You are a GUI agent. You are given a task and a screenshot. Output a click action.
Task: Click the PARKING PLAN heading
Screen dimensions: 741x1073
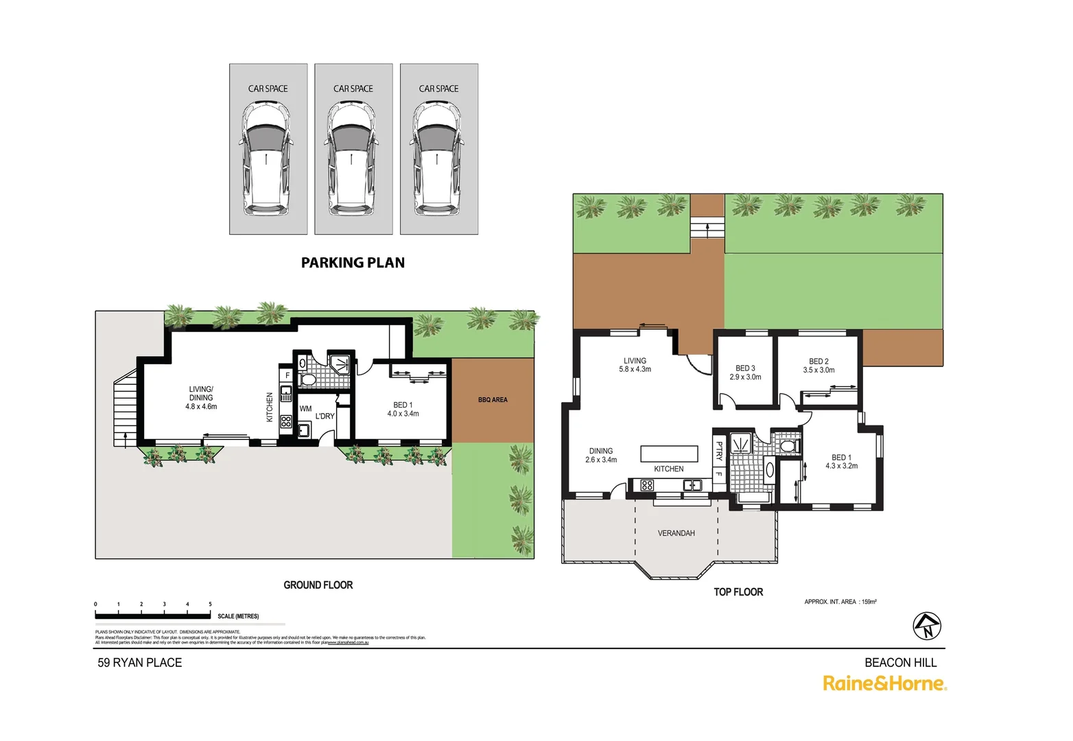[x=353, y=263]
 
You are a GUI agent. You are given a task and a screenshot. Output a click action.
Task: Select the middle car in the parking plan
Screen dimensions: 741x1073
[x=353, y=158]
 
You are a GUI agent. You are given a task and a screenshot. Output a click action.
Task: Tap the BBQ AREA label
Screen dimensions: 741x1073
[x=493, y=399]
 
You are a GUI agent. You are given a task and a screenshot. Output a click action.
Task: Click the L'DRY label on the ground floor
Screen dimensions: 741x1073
[x=325, y=416]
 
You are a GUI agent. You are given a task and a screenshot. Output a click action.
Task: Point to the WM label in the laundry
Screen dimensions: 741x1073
[x=305, y=408]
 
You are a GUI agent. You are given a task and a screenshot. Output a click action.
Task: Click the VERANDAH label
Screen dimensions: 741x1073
[x=676, y=533]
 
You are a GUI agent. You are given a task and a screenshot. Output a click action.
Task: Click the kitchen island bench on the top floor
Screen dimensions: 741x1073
[x=669, y=454]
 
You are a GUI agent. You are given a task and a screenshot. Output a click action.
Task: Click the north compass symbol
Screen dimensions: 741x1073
[x=927, y=626]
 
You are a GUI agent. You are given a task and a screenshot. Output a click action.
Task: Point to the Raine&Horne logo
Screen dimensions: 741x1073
[x=884, y=683]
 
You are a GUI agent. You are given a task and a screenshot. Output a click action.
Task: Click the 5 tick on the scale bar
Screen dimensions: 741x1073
[x=210, y=604]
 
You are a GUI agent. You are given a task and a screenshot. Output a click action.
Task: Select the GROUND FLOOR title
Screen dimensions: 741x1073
[x=318, y=585]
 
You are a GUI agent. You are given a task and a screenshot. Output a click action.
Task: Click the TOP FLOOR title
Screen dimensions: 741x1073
[x=738, y=592]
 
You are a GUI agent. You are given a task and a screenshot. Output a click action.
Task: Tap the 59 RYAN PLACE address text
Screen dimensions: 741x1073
[x=140, y=663]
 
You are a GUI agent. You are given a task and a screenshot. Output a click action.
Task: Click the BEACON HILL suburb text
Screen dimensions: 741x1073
[x=900, y=663]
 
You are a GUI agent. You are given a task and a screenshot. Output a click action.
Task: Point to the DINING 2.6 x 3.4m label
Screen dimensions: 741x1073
[x=601, y=456]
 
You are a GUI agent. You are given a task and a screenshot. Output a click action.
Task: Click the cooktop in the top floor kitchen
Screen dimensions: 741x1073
[x=647, y=485]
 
